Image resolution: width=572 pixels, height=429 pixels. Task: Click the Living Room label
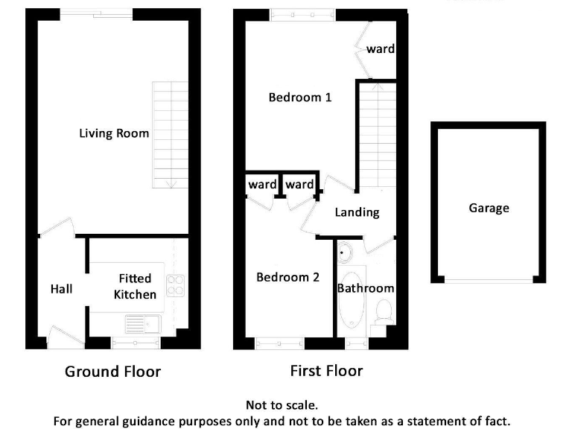coord(114,134)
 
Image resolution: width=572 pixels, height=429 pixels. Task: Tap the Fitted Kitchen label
coord(135,287)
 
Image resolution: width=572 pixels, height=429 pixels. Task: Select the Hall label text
coord(61,288)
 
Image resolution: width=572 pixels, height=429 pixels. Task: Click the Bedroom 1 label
coord(299,98)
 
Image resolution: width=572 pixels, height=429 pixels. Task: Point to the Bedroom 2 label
coord(287,277)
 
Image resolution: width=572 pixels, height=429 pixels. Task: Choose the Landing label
coord(357,212)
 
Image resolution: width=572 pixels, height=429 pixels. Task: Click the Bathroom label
coord(366,288)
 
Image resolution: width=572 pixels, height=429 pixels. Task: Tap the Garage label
coord(489,208)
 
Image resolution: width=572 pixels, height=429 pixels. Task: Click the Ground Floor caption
coord(112,371)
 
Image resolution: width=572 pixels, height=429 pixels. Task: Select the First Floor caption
coord(325,370)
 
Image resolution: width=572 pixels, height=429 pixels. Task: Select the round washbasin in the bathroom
coord(344,253)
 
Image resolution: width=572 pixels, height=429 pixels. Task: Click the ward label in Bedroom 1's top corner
coord(380,50)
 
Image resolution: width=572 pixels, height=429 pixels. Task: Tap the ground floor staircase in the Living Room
coord(171,134)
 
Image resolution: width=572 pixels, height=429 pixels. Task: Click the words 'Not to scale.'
coord(282,405)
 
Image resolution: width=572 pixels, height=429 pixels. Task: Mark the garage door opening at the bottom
coord(489,280)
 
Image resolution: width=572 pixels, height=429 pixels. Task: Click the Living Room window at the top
coord(97,11)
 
